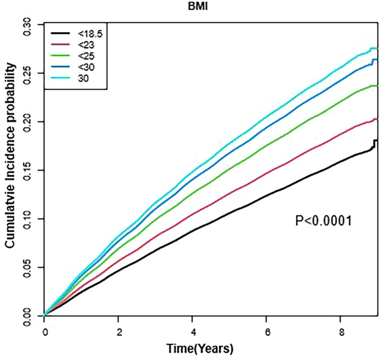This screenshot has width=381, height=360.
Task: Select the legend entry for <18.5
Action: click(x=88, y=33)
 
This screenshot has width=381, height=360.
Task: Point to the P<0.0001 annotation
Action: click(x=324, y=222)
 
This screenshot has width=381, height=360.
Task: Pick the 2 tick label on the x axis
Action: click(x=118, y=332)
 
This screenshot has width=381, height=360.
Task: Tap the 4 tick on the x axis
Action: click(x=192, y=332)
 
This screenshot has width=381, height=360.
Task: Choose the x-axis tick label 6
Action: click(x=266, y=332)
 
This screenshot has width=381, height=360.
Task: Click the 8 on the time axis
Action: click(x=340, y=332)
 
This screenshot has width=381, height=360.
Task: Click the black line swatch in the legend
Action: click(x=59, y=33)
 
